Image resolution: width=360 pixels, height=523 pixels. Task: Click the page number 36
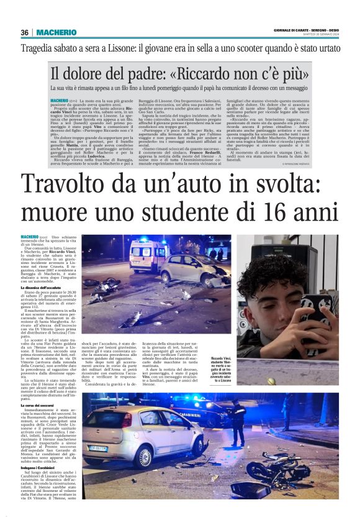[x=25, y=33]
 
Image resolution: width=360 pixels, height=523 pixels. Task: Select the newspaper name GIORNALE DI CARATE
[x=292, y=30]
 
